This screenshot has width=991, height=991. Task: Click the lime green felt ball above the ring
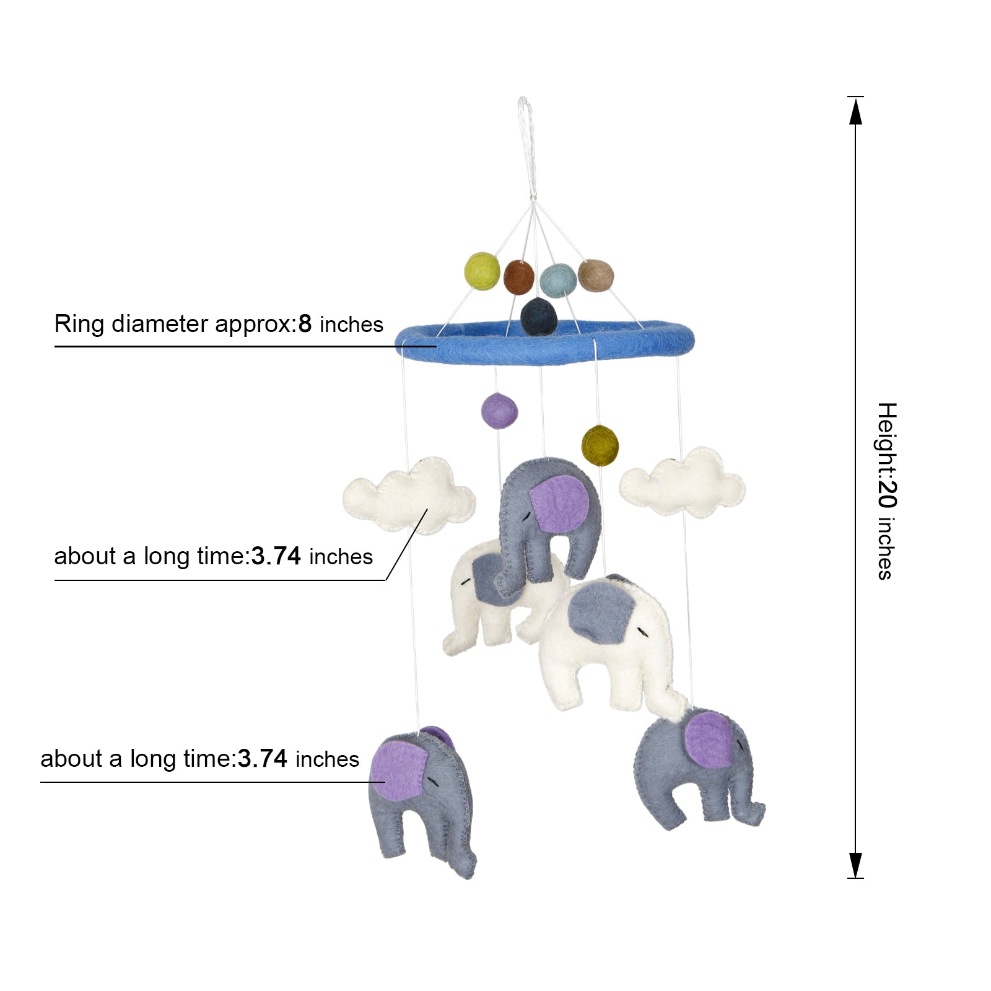point(482,271)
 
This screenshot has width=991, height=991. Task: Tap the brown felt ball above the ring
point(518,277)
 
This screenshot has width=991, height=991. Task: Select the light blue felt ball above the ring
point(557,281)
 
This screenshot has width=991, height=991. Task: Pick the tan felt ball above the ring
point(596,276)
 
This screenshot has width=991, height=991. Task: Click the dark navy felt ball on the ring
point(538,316)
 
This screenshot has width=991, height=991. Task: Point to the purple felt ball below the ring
point(499,411)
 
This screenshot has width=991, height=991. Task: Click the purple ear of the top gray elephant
point(559,505)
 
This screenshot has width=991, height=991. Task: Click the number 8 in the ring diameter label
point(305,324)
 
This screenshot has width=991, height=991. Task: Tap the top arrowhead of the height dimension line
point(855,111)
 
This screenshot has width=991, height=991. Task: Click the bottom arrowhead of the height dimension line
point(855,864)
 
